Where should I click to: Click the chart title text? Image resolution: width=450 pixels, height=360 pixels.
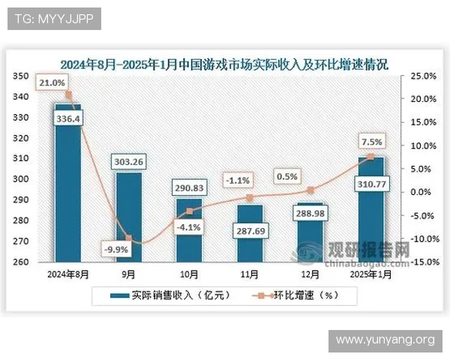(x=224, y=63)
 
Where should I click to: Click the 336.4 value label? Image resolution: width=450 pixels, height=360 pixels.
(x=68, y=118)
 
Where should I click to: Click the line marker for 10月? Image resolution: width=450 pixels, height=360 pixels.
(x=190, y=211)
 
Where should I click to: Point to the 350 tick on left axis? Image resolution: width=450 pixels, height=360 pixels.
(x=21, y=76)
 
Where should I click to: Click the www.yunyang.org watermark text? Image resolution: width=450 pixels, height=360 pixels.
(x=384, y=340)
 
